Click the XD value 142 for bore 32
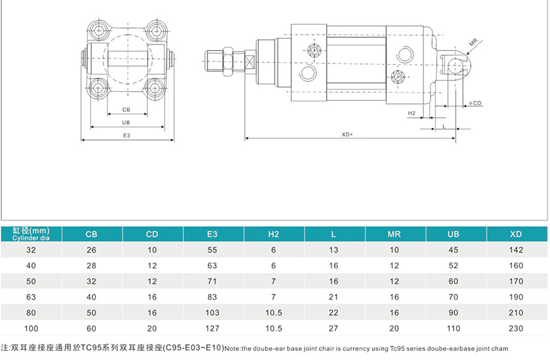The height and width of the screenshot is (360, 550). click(x=516, y=250)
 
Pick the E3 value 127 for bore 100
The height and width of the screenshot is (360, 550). click(x=212, y=329)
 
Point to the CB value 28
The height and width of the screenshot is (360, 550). click(x=92, y=266)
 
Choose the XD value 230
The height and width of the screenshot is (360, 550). click(x=516, y=329)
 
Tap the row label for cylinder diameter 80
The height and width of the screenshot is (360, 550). click(x=31, y=313)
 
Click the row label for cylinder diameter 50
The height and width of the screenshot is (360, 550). click(x=31, y=281)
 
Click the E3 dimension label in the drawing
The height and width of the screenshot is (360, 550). click(x=127, y=135)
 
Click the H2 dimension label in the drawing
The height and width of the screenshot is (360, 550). click(x=412, y=113)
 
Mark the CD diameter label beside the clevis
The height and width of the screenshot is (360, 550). click(x=476, y=103)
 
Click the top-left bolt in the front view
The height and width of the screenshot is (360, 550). click(x=98, y=30)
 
